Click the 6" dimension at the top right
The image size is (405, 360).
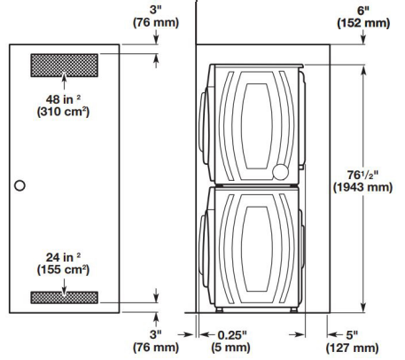tap(362, 9)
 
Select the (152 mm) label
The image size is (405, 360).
tap(362, 24)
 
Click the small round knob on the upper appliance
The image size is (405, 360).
tap(282, 170)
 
